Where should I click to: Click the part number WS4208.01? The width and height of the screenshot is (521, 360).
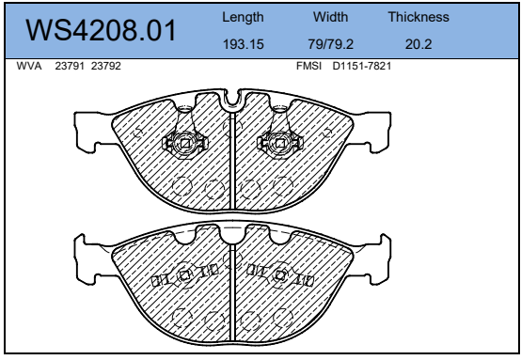(x=101, y=30)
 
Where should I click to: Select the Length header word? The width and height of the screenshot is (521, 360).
(x=243, y=17)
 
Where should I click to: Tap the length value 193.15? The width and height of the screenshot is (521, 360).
(x=244, y=44)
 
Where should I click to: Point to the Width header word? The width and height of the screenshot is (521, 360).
(x=331, y=17)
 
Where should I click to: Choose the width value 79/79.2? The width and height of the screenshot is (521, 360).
(x=331, y=44)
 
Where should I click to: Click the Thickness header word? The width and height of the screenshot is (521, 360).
(x=418, y=17)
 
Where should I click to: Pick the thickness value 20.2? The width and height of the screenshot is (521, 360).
(x=418, y=44)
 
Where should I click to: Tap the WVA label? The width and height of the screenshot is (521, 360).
(x=29, y=66)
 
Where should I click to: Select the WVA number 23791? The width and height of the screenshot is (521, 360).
(x=70, y=66)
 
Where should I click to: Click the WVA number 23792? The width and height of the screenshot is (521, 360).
(x=106, y=66)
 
